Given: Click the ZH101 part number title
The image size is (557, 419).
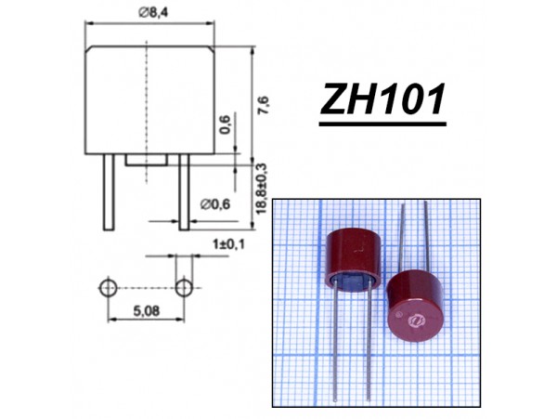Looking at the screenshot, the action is click(x=382, y=98).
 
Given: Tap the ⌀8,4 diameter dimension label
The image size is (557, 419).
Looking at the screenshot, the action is click(x=153, y=13).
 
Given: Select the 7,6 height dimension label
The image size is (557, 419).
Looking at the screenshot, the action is click(x=265, y=105).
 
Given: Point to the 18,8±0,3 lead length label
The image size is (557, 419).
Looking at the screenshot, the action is click(x=261, y=189).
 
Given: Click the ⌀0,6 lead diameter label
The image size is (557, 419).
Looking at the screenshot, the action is click(x=215, y=204).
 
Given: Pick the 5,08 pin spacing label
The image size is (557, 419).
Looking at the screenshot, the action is click(x=147, y=311).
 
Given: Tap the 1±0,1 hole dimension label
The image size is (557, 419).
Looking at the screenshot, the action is click(x=228, y=244).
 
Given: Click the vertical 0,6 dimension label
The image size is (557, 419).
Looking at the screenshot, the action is click(x=225, y=124).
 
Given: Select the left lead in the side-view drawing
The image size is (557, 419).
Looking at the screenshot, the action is click(x=109, y=192).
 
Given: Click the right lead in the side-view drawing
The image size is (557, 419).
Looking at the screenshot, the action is click(x=184, y=192).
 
